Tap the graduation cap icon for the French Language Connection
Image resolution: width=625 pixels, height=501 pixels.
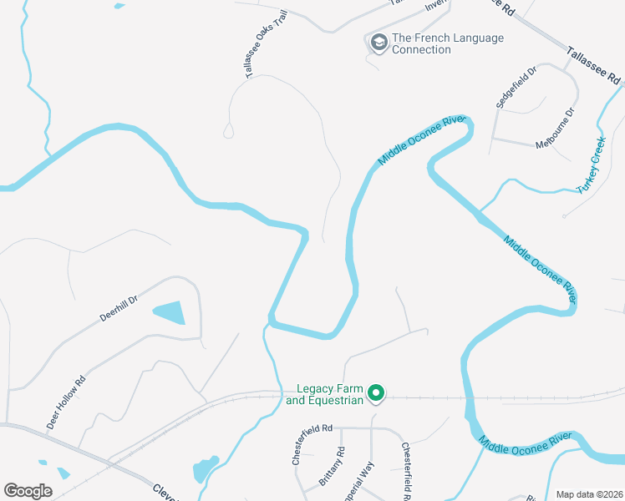pyautogui.click(x=379, y=43)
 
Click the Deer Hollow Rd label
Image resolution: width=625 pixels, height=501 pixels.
pyautogui.click(x=66, y=402)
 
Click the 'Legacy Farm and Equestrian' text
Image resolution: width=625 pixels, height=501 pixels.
pyautogui.click(x=324, y=394)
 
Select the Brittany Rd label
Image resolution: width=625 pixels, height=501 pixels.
pyautogui.click(x=332, y=467)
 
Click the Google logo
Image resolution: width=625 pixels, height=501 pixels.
pyautogui.click(x=28, y=490)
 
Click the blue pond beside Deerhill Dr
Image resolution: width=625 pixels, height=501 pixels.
pyautogui.click(x=171, y=313)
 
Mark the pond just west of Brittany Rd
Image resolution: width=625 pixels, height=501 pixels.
pyautogui.click(x=205, y=468)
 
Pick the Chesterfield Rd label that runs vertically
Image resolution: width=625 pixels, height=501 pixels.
pyautogui.click(x=404, y=470)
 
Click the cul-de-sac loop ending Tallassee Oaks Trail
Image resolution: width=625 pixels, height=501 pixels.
pyautogui.click(x=228, y=130)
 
